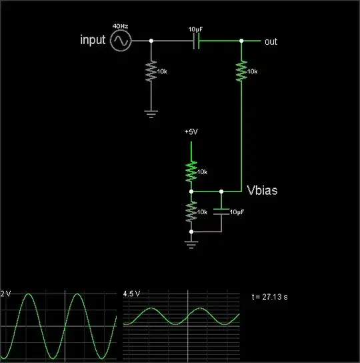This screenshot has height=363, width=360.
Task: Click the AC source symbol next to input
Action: [121, 41]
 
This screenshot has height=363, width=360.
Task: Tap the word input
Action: [93, 41]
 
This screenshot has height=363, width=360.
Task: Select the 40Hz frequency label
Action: [120, 26]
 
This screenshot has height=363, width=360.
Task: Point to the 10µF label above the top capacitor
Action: [196, 30]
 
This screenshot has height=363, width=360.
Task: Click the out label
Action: [271, 41]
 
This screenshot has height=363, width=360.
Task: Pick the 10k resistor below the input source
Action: [151, 72]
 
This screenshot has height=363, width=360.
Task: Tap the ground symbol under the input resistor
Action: [151, 114]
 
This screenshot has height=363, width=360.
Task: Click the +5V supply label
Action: [191, 132]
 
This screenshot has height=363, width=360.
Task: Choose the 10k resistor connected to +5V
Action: [191, 171]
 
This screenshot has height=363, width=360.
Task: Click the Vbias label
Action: [262, 191]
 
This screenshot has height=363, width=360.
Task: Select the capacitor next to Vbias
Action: [221, 211]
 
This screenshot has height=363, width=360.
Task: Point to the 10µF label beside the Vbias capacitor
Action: [237, 212]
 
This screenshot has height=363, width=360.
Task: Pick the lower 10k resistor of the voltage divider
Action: [191, 211]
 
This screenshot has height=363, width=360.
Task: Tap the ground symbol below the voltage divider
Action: [191, 244]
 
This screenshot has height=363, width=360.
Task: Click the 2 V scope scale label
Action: [6, 294]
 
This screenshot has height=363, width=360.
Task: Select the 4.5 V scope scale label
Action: [131, 294]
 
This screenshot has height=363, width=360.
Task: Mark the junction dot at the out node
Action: [241, 41]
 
